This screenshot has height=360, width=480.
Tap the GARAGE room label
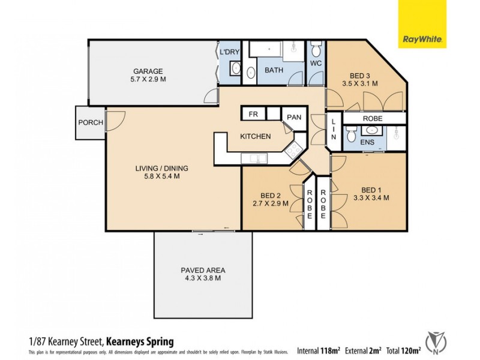[x=148, y=71]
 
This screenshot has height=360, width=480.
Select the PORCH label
[x=91, y=123]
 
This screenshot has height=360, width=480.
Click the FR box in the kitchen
[x=253, y=113]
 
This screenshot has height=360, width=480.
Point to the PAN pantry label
[x=293, y=118]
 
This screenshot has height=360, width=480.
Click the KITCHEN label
[x=256, y=137]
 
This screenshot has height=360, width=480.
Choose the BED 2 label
[x=271, y=196]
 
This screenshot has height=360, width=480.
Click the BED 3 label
[x=360, y=76]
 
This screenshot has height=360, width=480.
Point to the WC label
[x=316, y=63]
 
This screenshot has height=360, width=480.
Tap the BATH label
[x=274, y=70]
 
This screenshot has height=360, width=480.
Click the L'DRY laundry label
[x=230, y=53]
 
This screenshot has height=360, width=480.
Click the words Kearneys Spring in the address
[x=140, y=341]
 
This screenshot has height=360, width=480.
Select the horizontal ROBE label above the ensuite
[x=372, y=119]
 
